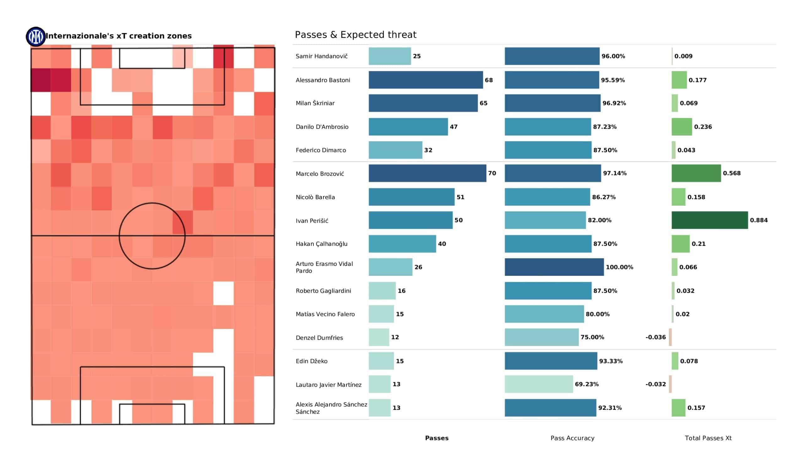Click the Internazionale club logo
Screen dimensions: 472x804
pyautogui.click(x=36, y=37)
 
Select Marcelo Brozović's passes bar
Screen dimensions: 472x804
pyautogui.click(x=427, y=173)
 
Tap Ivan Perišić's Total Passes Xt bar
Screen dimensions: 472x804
pyautogui.click(x=709, y=220)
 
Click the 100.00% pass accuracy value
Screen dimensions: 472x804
pyautogui.click(x=619, y=267)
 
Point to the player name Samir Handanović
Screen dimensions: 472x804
pyautogui.click(x=321, y=56)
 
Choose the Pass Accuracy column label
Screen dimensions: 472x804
pyautogui.click(x=572, y=438)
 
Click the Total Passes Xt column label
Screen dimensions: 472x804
pyautogui.click(x=708, y=438)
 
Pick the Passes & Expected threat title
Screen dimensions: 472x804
pyautogui.click(x=356, y=35)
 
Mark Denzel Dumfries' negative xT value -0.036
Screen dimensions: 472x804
pyautogui.click(x=655, y=337)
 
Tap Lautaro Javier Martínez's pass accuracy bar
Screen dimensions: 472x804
pyautogui.click(x=539, y=384)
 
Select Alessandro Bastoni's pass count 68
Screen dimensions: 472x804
pyautogui.click(x=488, y=80)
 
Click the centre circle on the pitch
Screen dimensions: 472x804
pyautogui.click(x=152, y=236)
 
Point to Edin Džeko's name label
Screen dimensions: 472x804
pyautogui.click(x=311, y=361)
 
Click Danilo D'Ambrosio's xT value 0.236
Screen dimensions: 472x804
pyautogui.click(x=703, y=127)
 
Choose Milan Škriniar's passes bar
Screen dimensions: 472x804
pyautogui.click(x=423, y=103)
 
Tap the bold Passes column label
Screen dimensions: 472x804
pyautogui.click(x=437, y=438)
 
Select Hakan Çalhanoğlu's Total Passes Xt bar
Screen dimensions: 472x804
pyautogui.click(x=680, y=244)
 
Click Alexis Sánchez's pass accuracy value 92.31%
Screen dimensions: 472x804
pyautogui.click(x=610, y=408)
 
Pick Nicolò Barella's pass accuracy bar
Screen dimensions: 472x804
pyautogui.click(x=547, y=197)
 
